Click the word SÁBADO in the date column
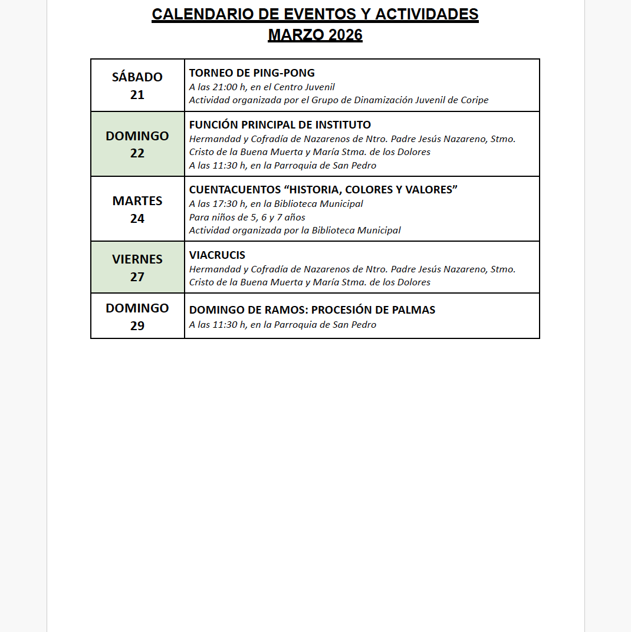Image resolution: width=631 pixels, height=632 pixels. [137, 77]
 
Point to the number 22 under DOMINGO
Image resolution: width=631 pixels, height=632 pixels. [137, 153]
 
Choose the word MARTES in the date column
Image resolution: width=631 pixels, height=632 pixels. [137, 201]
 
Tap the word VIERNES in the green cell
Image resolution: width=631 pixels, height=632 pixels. [137, 259]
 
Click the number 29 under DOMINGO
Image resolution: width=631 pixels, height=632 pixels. [137, 325]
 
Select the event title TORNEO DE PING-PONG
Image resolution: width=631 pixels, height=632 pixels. [252, 73]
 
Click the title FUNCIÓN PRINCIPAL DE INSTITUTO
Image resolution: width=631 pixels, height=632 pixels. [280, 125]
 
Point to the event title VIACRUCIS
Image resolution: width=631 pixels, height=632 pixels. [217, 255]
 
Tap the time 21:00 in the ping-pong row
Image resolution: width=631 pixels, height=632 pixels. [225, 87]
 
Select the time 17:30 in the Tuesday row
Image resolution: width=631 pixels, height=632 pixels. [225, 204]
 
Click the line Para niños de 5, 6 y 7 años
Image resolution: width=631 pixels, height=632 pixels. [247, 218]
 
